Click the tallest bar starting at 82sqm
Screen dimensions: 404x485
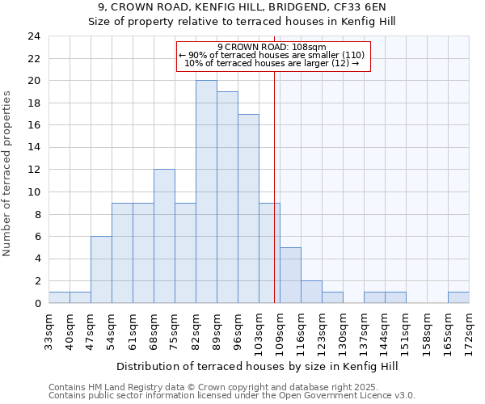(206, 192)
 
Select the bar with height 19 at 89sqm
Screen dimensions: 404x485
(227, 198)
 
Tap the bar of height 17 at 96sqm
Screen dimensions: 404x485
(248, 208)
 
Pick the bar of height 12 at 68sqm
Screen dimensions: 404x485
(164, 236)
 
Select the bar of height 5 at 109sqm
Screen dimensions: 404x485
(290, 276)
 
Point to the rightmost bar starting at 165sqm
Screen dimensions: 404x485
(458, 297)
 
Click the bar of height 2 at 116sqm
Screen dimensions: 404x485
(311, 292)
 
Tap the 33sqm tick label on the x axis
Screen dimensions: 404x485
(49, 330)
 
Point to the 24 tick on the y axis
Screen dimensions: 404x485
(33, 36)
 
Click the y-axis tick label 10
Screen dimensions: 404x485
(33, 192)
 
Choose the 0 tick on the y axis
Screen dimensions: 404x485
(37, 304)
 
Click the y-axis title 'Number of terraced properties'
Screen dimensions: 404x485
(8, 173)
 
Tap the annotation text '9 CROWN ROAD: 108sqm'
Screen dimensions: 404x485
(272, 47)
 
